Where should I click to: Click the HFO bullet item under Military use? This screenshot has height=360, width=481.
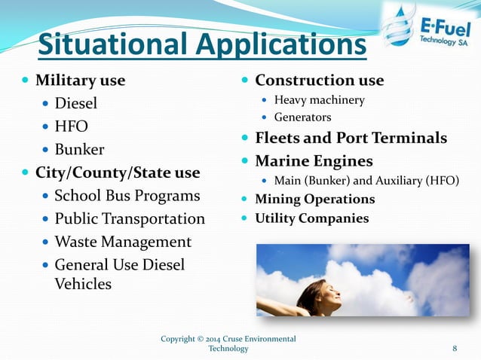[71, 126]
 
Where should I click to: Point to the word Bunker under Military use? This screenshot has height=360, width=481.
[79, 149]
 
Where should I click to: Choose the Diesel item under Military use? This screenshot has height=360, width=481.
[75, 103]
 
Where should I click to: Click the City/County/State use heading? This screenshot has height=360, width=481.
[118, 172]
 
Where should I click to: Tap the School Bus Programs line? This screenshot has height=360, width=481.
[127, 196]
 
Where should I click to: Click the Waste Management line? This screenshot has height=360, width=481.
[123, 243]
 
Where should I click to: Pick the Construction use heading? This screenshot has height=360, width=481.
[319, 80]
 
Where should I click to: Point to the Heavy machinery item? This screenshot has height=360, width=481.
[319, 100]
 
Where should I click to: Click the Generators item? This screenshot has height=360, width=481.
[302, 117]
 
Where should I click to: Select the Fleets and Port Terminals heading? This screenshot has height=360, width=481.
[351, 139]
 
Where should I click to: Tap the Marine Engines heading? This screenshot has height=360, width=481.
[314, 161]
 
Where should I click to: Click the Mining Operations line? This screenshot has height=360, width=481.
[314, 200]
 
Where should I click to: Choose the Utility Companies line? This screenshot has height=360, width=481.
[311, 218]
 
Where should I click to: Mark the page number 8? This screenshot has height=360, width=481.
[455, 348]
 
